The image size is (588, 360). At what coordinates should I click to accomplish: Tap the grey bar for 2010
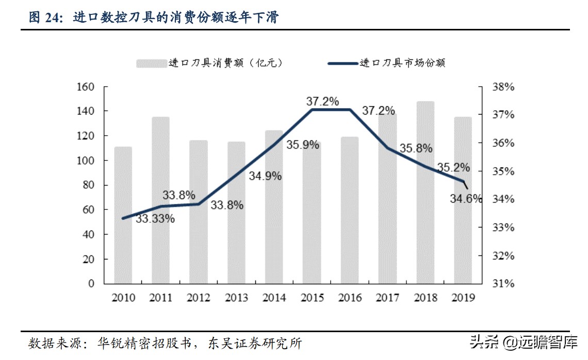tap(123, 215)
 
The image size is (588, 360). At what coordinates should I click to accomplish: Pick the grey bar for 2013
tap(236, 212)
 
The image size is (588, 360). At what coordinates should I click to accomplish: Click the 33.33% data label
tap(155, 219)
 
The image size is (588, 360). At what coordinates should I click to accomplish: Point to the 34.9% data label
tap(265, 176)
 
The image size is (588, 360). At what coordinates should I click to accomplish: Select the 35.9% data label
tap(303, 145)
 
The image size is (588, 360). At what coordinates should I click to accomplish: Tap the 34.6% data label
tap(465, 198)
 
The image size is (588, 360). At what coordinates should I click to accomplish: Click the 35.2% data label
tap(453, 168)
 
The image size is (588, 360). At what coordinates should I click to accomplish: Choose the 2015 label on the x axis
tap(312, 298)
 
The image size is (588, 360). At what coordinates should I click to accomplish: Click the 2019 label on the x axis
tap(463, 298)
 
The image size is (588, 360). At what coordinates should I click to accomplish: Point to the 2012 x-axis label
tap(199, 298)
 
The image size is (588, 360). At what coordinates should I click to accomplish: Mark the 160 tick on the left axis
tap(85, 87)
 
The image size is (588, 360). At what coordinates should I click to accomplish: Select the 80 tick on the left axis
tap(88, 185)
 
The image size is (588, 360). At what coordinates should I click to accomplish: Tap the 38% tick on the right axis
tap(503, 87)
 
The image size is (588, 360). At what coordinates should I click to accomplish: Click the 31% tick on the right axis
tap(503, 284)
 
